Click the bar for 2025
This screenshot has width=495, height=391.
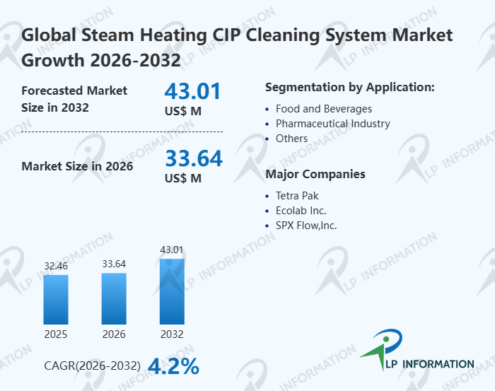pyautogui.click(x=56, y=299)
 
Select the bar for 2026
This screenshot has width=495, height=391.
pyautogui.click(x=114, y=298)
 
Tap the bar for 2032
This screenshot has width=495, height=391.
pyautogui.click(x=172, y=291)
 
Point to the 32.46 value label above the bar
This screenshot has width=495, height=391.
pyautogui.click(x=56, y=266)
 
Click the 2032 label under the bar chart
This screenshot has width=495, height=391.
pyautogui.click(x=172, y=334)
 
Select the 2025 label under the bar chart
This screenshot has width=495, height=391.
pyautogui.click(x=56, y=334)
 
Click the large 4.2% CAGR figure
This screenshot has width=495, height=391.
pyautogui.click(x=173, y=366)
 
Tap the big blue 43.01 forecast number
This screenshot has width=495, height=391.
pyautogui.click(x=193, y=92)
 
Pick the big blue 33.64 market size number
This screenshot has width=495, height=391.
pyautogui.click(x=193, y=158)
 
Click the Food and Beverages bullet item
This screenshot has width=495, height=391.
pyautogui.click(x=324, y=109)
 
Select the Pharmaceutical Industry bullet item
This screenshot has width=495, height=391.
pyautogui.click(x=332, y=124)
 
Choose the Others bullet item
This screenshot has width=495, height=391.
pyautogui.click(x=291, y=139)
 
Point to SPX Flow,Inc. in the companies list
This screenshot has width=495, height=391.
pyautogui.click(x=306, y=226)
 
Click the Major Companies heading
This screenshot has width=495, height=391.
pyautogui.click(x=315, y=174)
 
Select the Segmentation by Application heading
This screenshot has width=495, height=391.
pyautogui.click(x=349, y=88)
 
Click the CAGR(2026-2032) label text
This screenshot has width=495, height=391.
pyautogui.click(x=92, y=366)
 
